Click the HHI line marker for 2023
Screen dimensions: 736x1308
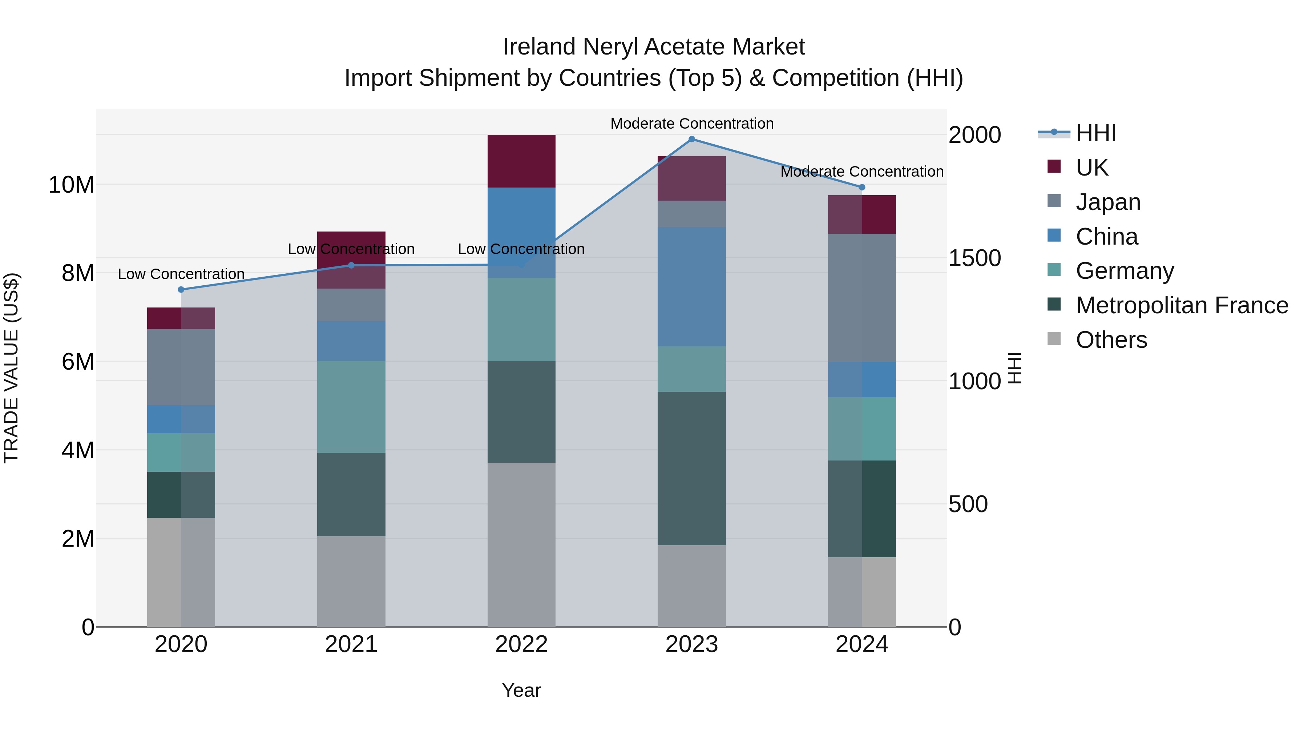(691, 139)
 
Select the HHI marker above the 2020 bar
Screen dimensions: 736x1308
(181, 290)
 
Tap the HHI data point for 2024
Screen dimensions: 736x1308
(862, 188)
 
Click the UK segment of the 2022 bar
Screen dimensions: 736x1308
(521, 161)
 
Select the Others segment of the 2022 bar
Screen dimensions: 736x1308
(521, 544)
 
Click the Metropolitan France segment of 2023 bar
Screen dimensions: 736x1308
(691, 468)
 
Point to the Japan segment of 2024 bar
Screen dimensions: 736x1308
(862, 298)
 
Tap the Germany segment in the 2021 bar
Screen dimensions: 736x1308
(351, 406)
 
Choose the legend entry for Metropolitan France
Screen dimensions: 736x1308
(1182, 305)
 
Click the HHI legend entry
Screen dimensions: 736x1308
(1096, 133)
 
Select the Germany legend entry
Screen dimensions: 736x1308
(1124, 271)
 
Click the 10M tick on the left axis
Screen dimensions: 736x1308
(71, 185)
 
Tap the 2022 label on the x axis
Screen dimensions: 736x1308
(521, 644)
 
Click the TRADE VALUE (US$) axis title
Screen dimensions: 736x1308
(11, 368)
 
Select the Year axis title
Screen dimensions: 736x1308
(521, 690)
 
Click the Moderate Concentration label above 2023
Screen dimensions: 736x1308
(691, 124)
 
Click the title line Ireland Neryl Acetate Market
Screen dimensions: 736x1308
(654, 47)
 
